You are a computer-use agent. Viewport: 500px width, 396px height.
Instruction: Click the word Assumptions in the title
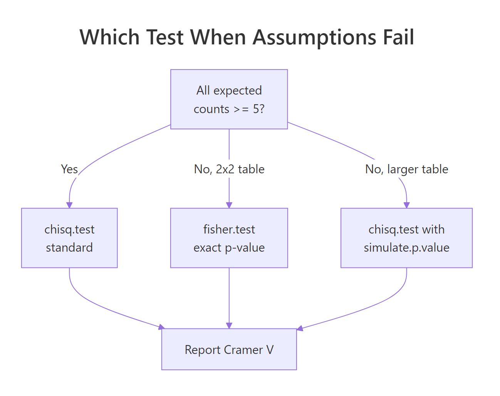coord(315,38)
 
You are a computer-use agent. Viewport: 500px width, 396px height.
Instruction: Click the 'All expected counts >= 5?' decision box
coord(229,99)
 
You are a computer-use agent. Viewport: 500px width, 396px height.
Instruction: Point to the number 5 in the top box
coord(256,109)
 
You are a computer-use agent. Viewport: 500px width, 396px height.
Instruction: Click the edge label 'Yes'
coord(69,169)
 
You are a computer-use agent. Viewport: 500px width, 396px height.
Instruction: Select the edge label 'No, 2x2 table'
coord(229,169)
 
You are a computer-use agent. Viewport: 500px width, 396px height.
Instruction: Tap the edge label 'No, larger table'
coord(406,169)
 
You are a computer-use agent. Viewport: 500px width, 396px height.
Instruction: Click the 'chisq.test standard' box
coord(69,238)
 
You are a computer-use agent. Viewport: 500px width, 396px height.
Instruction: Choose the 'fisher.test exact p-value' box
coord(229,238)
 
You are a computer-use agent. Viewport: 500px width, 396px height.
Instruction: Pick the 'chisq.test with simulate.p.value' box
coord(406,238)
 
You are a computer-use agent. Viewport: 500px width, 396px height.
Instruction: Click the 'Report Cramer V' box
coord(229,349)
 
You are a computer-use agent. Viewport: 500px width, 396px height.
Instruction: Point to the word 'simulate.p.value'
coord(406,247)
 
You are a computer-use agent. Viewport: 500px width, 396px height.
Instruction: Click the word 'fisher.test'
coord(229,229)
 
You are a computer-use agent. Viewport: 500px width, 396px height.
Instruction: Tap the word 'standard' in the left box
coord(69,247)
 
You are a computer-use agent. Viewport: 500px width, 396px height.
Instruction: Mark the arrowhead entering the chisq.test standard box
coord(69,205)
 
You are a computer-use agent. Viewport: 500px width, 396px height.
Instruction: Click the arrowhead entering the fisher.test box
coord(229,205)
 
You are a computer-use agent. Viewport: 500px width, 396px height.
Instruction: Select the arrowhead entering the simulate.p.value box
coord(406,205)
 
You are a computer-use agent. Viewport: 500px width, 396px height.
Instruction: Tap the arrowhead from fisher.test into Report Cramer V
coord(229,325)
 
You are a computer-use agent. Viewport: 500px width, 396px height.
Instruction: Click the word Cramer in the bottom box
coord(243,350)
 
